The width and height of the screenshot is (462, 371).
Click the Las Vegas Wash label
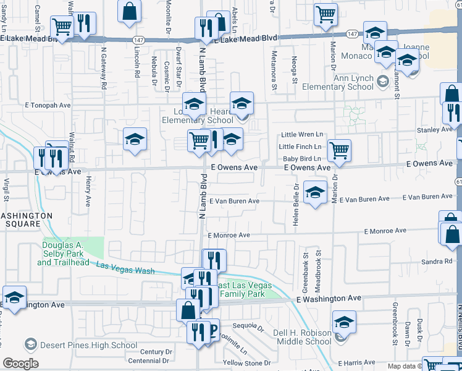(x=126, y=268)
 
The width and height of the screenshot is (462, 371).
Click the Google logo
(x=20, y=364)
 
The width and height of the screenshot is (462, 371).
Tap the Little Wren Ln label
(x=302, y=135)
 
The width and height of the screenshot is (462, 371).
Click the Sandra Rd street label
(x=437, y=262)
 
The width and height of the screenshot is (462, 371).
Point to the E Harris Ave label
(x=358, y=362)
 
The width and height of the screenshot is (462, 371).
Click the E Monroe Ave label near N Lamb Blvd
(x=229, y=236)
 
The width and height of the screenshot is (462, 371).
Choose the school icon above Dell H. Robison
(x=344, y=322)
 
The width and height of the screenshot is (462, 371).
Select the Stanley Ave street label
(x=434, y=130)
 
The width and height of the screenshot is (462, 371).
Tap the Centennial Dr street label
(x=148, y=360)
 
